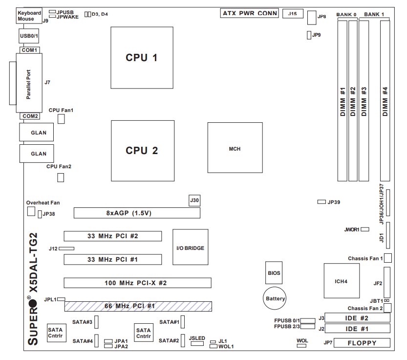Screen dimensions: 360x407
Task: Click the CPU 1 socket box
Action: tap(142, 57)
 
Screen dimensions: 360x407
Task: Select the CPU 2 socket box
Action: tap(142, 150)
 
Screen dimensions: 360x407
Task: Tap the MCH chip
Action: tap(235, 149)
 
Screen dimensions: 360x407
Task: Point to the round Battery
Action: tap(276, 298)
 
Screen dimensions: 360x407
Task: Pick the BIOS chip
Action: tap(274, 273)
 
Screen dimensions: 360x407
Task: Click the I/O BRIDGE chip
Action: tap(190, 247)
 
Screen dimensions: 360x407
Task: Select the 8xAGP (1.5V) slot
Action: tap(137, 213)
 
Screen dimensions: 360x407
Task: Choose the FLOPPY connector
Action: tap(362, 343)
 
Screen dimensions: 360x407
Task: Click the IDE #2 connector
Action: tap(357, 318)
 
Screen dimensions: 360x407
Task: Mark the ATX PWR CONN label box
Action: tap(250, 13)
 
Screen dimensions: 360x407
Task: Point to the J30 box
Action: tap(194, 200)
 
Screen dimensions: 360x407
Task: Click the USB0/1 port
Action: tap(29, 36)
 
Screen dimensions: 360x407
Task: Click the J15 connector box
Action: tap(293, 13)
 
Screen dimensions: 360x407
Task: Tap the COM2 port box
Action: tap(30, 116)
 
